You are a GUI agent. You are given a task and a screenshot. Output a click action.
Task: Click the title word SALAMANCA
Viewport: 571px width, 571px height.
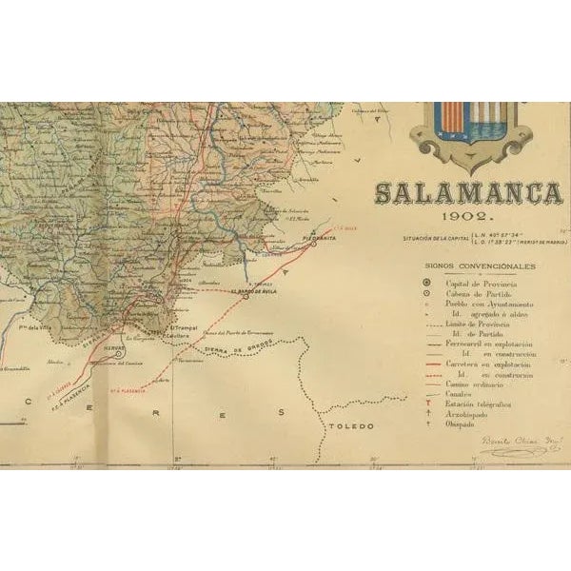pos(467,193)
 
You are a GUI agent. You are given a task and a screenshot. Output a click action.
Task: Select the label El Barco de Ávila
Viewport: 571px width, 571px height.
pos(253,292)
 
